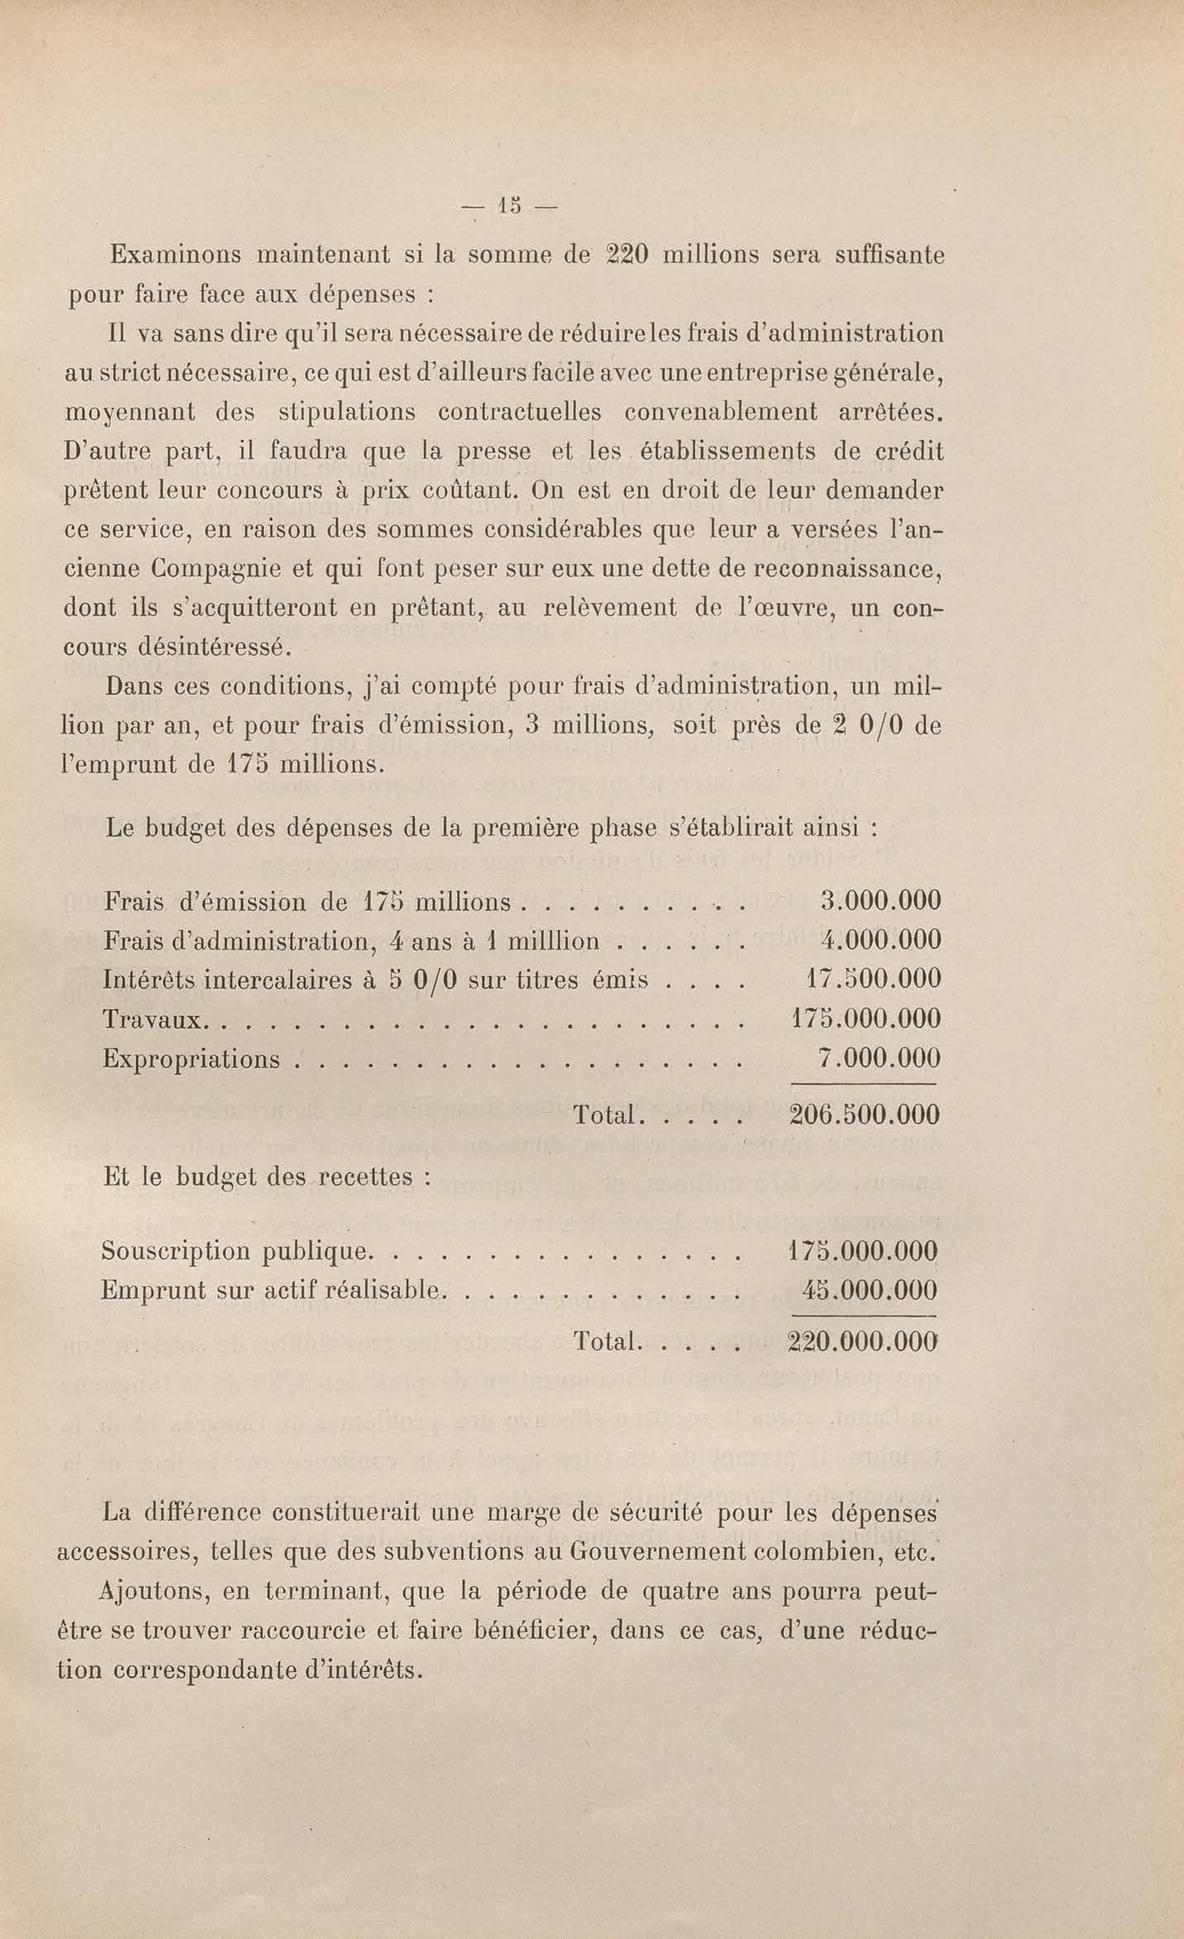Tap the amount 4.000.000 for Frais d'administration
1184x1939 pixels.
click(x=879, y=941)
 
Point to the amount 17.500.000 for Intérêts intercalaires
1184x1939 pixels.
click(x=873, y=980)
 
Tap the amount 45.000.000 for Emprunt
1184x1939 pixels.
click(x=870, y=1291)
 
